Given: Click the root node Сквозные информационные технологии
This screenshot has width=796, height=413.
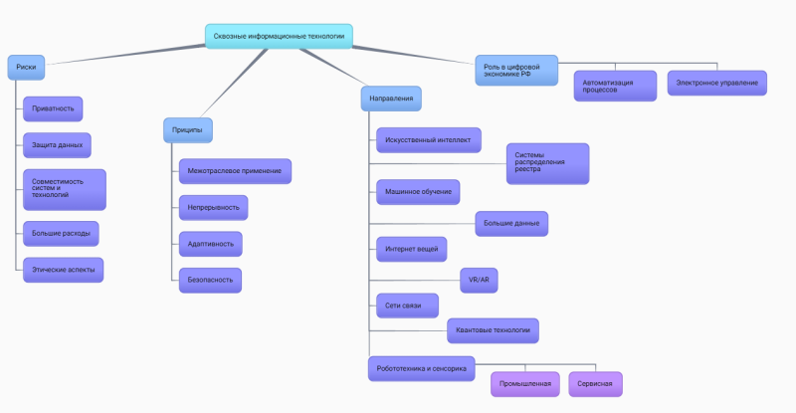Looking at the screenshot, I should click(279, 36).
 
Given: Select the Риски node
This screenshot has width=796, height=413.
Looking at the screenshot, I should click(27, 68).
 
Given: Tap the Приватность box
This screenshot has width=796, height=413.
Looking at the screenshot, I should click(53, 107).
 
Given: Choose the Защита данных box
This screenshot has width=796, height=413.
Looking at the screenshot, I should click(57, 145).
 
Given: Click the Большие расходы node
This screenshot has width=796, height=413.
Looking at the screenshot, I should click(61, 234).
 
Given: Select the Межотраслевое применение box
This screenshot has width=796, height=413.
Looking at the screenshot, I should click(234, 171).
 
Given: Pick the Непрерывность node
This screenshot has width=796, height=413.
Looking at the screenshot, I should click(212, 207).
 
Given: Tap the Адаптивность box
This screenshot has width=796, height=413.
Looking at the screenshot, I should click(209, 243).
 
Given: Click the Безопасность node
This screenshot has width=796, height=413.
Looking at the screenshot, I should click(210, 280).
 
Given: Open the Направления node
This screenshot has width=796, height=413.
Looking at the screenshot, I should click(391, 99).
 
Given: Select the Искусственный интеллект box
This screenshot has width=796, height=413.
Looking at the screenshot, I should click(428, 140).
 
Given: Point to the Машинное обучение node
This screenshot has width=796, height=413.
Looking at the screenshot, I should click(417, 191).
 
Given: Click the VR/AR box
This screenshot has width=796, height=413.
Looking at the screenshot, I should click(480, 281).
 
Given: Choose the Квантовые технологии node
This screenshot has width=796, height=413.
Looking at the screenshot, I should click(493, 329).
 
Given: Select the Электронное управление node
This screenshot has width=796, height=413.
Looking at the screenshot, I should click(716, 83).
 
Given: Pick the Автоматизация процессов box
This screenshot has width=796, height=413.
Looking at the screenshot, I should click(615, 86).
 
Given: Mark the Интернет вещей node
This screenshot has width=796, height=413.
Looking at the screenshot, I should click(411, 248).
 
